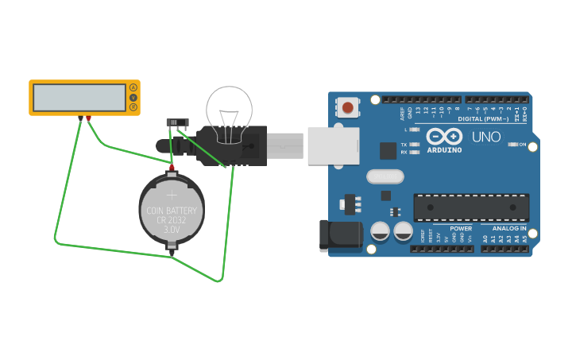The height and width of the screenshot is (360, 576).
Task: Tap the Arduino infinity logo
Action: [x=443, y=137]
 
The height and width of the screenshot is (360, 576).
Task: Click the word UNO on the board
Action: [x=486, y=137]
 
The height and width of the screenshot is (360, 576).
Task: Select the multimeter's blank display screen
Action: [x=79, y=98]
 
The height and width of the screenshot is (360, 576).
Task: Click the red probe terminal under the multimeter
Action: [x=88, y=118]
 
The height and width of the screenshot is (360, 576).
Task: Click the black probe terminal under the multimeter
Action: [x=80, y=118]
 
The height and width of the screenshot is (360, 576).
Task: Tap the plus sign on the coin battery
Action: [x=172, y=193]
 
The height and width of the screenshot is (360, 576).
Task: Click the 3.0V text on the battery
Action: [x=172, y=230]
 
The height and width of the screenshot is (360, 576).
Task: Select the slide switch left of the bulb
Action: [x=176, y=122]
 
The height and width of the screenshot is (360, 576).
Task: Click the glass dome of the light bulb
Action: [x=230, y=107]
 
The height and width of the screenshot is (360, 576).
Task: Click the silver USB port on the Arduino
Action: [x=332, y=145]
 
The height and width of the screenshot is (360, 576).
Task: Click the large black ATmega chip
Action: [x=471, y=207]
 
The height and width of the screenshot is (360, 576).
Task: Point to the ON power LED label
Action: [x=522, y=145]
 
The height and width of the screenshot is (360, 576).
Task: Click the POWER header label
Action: [x=461, y=229]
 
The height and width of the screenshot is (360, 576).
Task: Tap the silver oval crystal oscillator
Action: [x=385, y=176]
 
